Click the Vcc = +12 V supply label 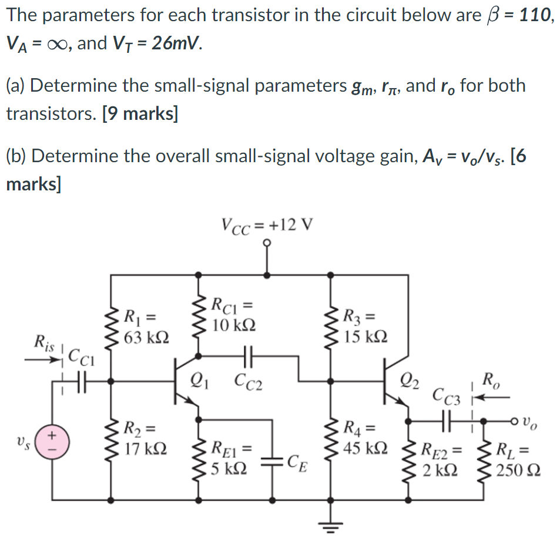click(x=267, y=224)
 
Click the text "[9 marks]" click(x=140, y=113)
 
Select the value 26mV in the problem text click(x=174, y=43)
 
